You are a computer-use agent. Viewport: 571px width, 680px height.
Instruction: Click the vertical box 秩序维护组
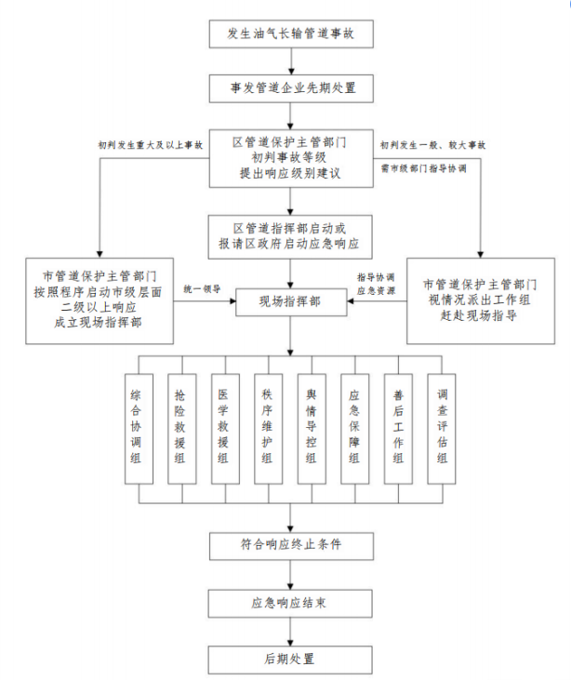267,428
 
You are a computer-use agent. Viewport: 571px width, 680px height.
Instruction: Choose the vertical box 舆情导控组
311,428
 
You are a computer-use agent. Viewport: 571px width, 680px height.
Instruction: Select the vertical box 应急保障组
354,428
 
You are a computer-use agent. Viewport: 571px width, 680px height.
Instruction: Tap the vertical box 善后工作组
398,428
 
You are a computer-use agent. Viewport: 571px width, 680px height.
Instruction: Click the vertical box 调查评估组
442,428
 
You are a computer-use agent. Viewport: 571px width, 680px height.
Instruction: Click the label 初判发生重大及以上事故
150,145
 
